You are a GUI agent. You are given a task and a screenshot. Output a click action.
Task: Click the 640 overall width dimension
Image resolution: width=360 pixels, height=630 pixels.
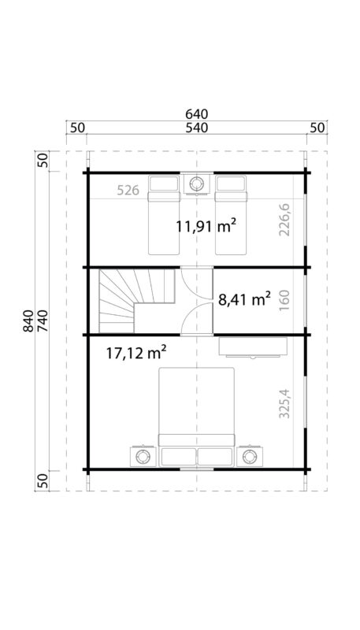tap(198, 114)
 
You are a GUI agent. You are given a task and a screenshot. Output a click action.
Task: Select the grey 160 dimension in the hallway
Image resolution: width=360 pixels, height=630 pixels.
tap(284, 300)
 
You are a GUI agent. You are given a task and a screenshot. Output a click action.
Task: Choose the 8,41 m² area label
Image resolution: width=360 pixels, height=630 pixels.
tap(244, 298)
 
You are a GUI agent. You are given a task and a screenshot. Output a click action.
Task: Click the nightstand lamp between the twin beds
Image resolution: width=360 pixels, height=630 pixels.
tap(197, 184)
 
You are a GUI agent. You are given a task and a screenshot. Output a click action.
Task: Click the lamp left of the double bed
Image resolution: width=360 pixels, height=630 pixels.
tap(143, 456)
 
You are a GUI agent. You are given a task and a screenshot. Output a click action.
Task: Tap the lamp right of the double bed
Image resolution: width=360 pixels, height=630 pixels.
tap(251, 456)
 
